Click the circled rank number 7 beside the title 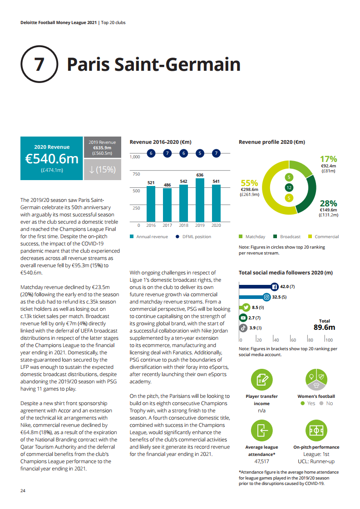point(39,64)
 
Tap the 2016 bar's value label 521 point(151,183)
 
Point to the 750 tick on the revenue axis point(136,174)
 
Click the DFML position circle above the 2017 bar point(168,153)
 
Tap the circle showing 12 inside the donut point(289,187)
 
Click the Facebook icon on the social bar point(274,287)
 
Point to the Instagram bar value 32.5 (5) point(279,297)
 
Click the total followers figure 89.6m point(324,328)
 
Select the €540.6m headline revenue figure point(52,159)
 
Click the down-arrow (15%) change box point(103,170)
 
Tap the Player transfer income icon point(262,380)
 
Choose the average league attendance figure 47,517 point(262,461)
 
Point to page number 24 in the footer point(23,491)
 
